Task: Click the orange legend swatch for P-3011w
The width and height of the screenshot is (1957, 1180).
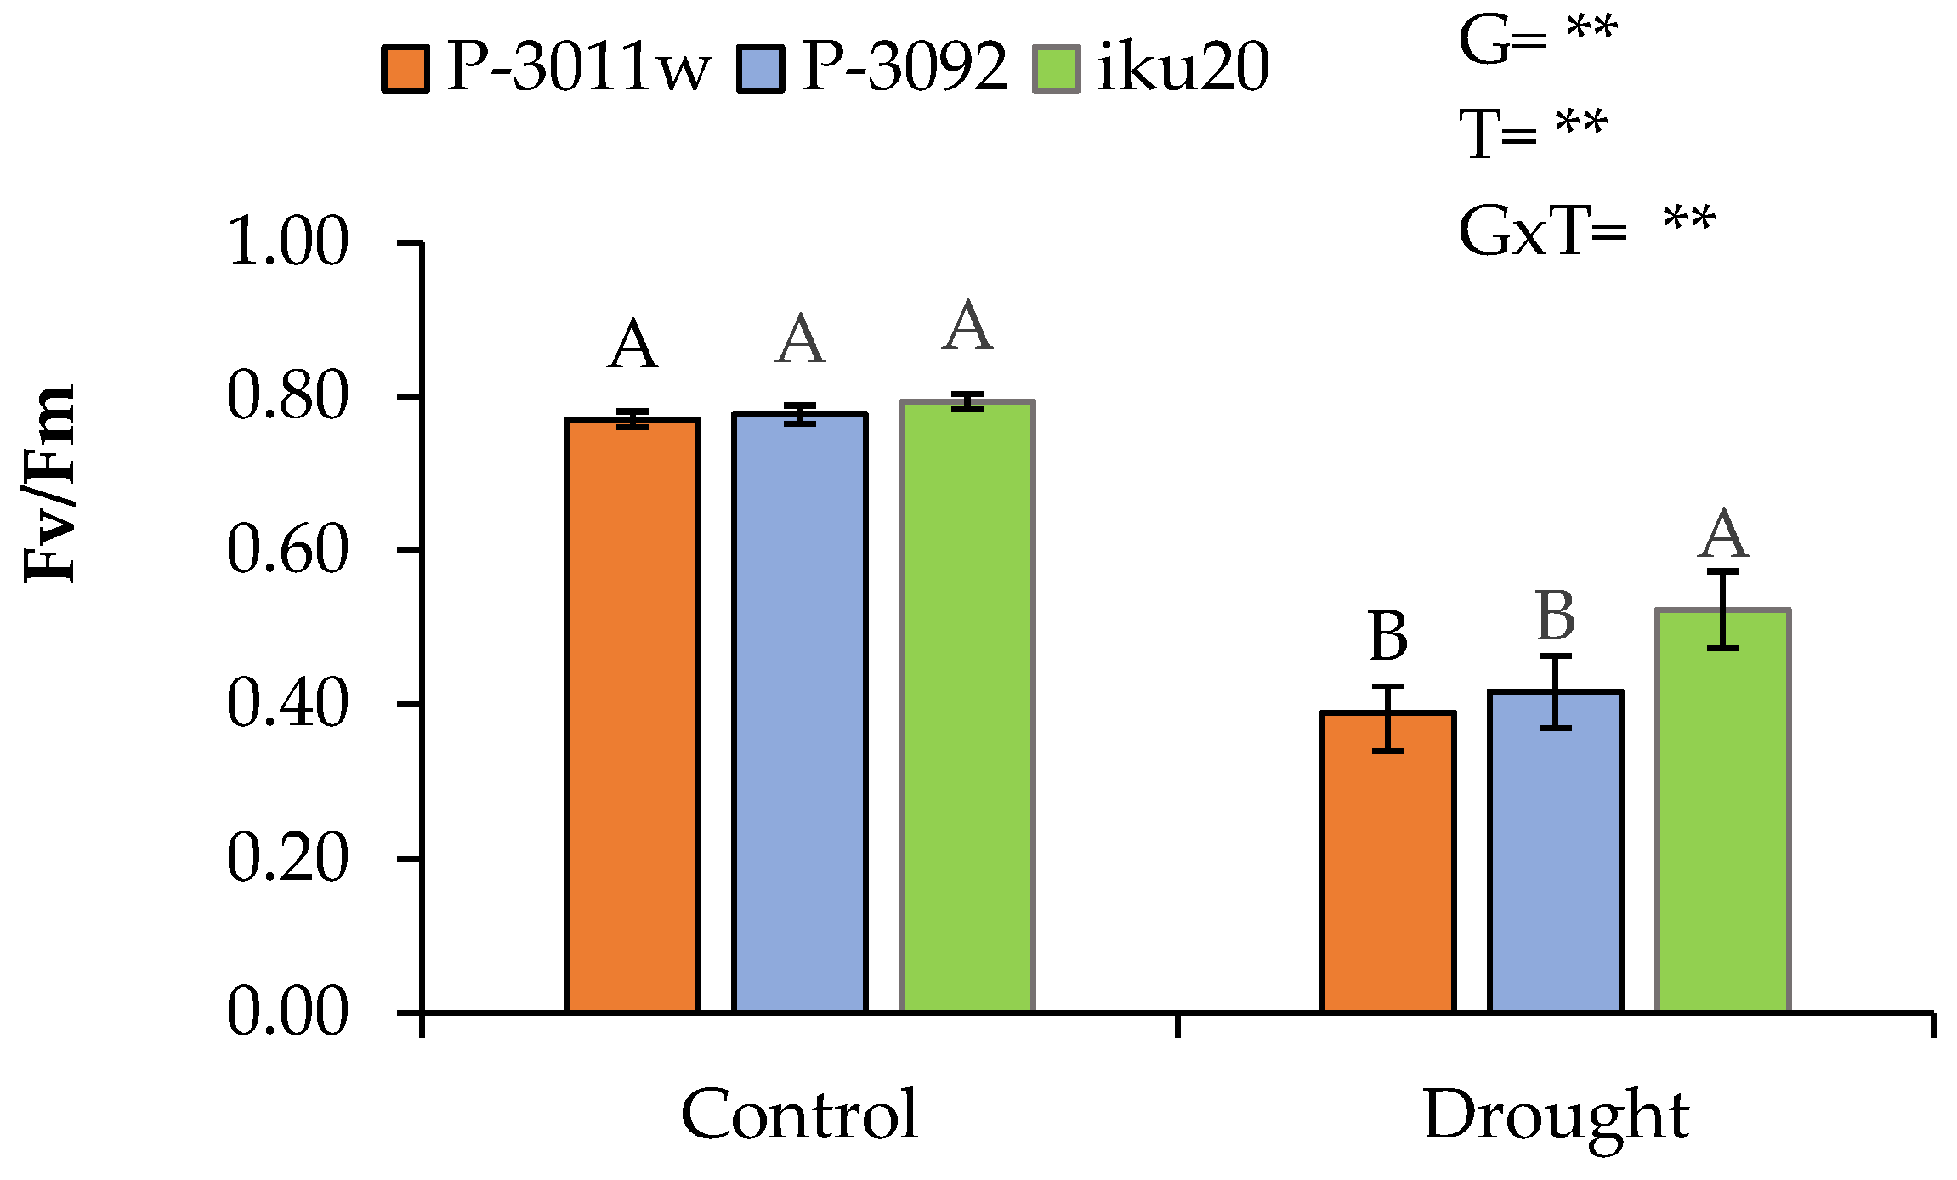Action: click(406, 69)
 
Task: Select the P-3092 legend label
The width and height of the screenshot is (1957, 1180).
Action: click(904, 66)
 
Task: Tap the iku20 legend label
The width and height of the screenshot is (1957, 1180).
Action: click(1183, 66)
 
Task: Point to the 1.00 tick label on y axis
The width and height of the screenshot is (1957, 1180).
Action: click(287, 242)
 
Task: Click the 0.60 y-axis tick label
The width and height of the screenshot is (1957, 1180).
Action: click(287, 550)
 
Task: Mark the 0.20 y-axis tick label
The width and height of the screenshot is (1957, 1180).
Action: click(287, 859)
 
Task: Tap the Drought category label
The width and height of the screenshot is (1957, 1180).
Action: click(1556, 1115)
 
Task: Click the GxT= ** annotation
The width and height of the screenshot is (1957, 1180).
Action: click(1586, 230)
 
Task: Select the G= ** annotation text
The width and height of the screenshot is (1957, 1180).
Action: click(1537, 39)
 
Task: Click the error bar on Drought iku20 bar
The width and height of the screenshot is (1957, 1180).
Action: click(1723, 610)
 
